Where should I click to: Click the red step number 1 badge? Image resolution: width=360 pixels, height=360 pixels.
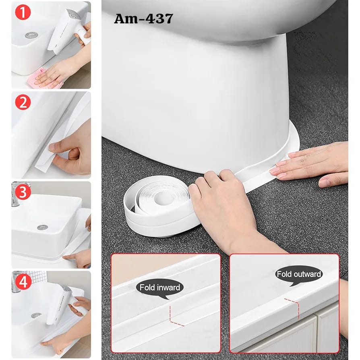23,12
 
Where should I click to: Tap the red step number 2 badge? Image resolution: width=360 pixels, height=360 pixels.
23,102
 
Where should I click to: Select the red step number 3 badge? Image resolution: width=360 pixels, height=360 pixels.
23,192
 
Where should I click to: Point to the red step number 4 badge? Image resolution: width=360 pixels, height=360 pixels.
23,282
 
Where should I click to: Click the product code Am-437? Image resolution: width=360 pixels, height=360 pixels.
143,19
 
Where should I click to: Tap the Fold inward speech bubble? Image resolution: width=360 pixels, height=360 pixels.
160,288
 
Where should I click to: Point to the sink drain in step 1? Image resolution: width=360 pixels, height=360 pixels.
32,35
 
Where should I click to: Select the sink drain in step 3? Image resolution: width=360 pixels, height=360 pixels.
42,227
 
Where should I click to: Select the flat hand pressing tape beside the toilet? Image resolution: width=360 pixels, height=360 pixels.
310,163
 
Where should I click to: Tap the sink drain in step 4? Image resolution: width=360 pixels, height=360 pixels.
36,315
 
